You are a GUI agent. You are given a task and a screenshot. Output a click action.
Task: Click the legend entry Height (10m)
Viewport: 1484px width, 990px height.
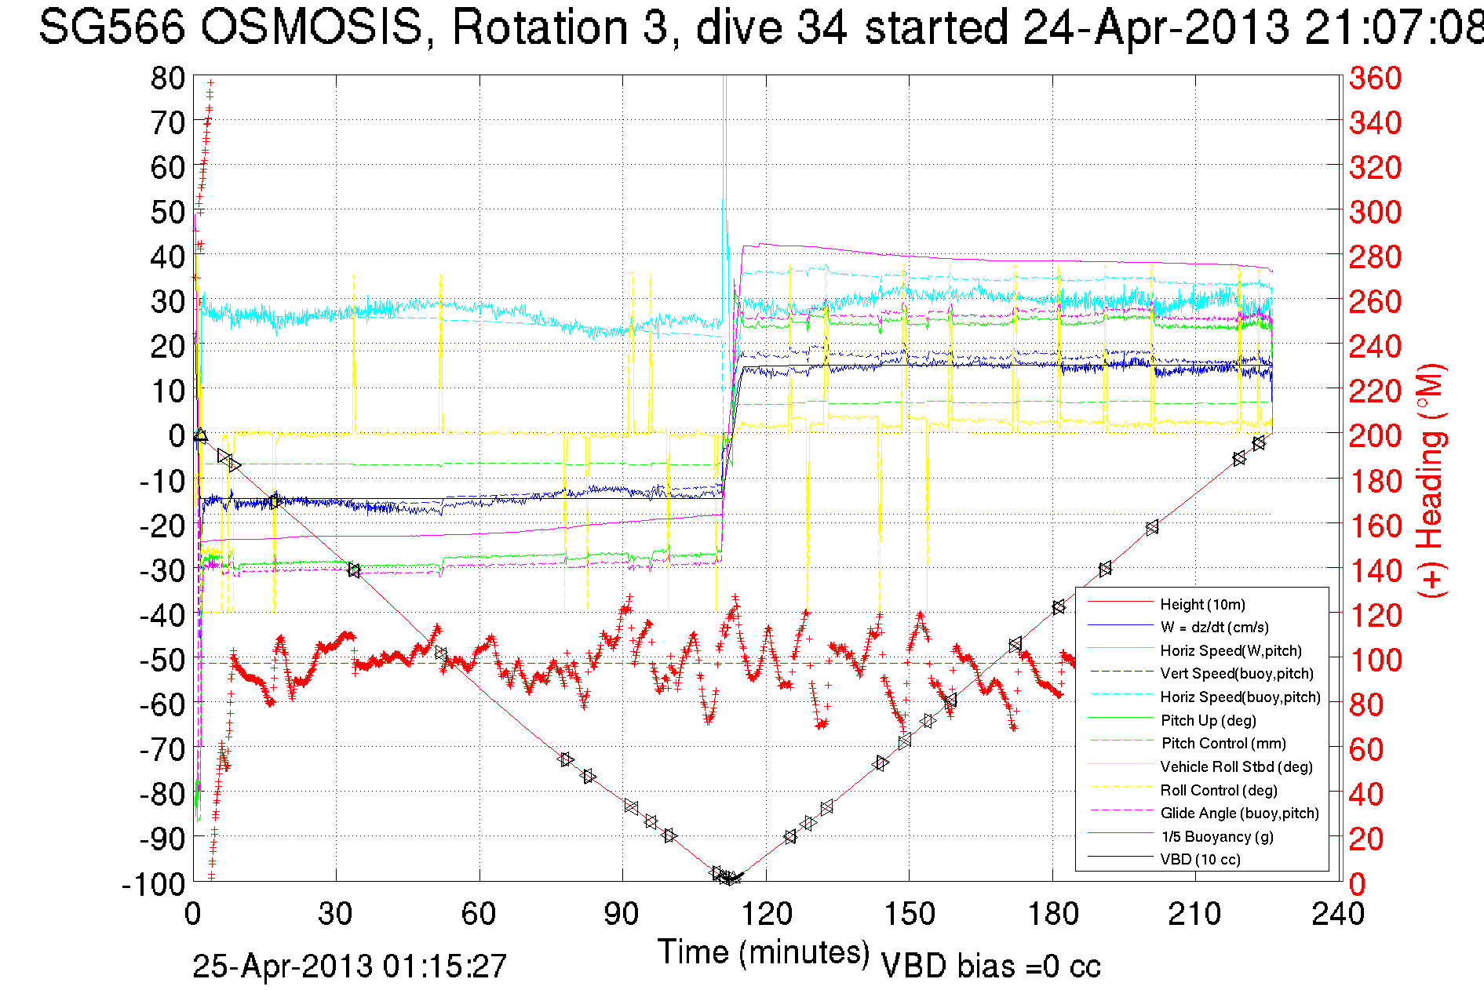coord(1202,604)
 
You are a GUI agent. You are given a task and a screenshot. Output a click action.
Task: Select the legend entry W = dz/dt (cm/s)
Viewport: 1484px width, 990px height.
coord(1214,628)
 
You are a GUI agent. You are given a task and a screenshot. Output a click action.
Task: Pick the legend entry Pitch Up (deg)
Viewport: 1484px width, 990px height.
coord(1208,720)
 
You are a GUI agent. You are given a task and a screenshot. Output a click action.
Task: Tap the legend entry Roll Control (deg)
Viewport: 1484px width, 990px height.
coord(1218,790)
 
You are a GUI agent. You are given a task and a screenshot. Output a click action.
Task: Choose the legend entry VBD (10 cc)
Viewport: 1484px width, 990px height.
coord(1200,860)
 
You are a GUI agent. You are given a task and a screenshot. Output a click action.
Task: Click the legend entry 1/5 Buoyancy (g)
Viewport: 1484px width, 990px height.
coord(1216,836)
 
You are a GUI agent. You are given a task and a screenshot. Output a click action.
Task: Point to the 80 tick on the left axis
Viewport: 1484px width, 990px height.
coord(167,78)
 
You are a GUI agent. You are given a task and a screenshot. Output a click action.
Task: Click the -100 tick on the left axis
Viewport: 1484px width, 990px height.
coord(154,884)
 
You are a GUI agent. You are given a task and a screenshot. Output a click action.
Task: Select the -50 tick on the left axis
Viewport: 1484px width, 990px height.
coord(161,660)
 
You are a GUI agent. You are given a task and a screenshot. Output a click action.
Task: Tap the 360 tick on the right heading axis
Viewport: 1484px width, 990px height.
coord(1375,78)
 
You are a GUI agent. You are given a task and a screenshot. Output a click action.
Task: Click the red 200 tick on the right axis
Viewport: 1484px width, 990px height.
coord(1375,436)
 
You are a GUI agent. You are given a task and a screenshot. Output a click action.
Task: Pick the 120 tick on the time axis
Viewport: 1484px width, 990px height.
coord(766,914)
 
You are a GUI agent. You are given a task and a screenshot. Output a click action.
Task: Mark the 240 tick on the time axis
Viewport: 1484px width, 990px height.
coord(1338,914)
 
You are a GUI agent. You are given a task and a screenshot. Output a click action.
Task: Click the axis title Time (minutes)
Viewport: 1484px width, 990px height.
coord(764,952)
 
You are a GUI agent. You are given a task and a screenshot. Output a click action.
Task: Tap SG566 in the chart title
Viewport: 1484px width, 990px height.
coord(111,28)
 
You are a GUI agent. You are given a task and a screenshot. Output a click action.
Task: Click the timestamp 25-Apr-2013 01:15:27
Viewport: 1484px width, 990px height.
coord(350,966)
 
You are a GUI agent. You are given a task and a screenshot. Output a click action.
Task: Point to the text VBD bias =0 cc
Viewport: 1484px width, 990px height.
coord(990,966)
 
